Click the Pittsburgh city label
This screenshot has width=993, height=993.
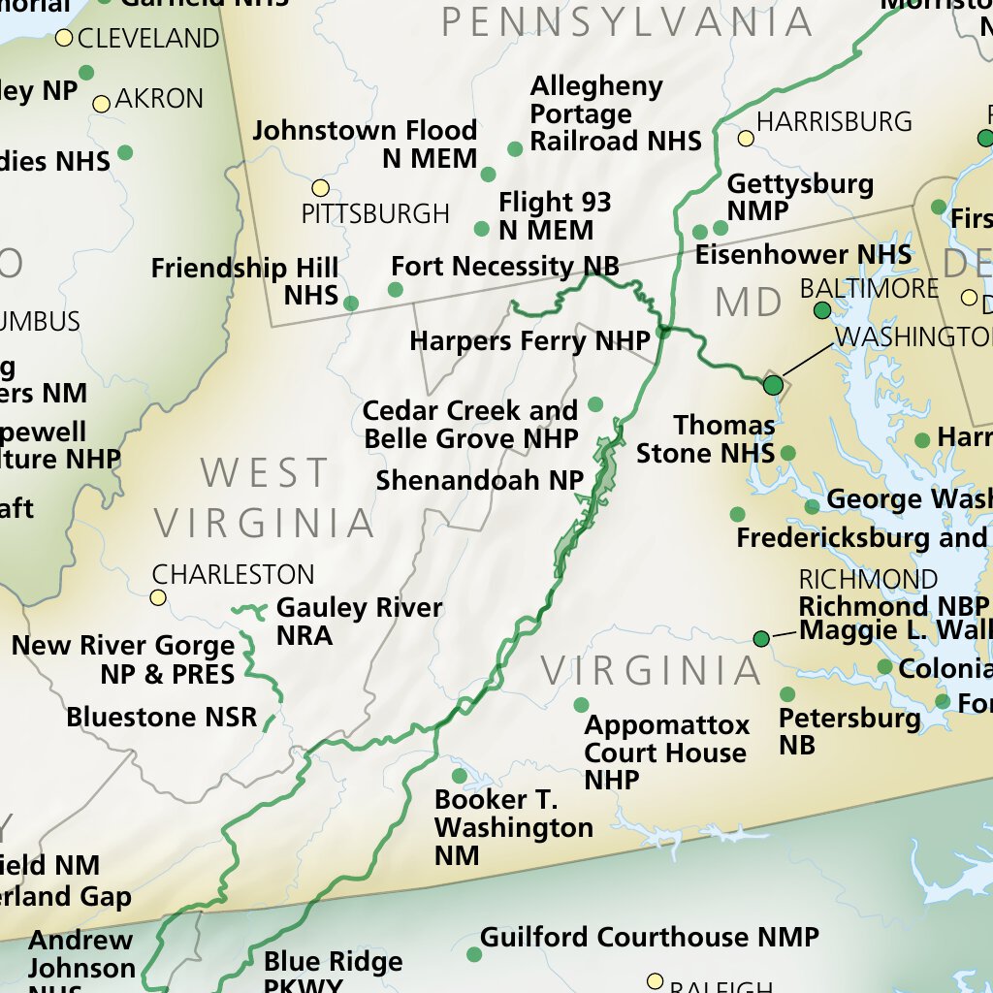click(375, 213)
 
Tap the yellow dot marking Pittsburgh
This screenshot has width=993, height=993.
click(320, 188)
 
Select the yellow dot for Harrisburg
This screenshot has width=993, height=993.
click(746, 139)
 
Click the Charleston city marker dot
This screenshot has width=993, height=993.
click(158, 597)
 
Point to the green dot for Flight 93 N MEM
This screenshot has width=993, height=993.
click(482, 229)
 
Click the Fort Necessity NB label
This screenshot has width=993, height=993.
click(504, 266)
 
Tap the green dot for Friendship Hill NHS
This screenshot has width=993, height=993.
click(351, 304)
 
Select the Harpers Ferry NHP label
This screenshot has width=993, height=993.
click(529, 341)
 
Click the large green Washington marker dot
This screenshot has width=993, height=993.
click(773, 385)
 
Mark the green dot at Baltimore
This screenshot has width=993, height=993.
click(822, 310)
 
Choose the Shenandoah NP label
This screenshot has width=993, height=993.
click(480, 480)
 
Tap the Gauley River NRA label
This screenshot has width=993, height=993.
click(359, 622)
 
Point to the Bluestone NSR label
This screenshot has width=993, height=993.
click(162, 718)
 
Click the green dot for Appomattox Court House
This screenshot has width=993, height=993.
click(582, 705)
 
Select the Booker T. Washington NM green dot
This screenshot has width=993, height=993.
click(460, 776)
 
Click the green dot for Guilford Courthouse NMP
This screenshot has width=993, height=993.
click(474, 954)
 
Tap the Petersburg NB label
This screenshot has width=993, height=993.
click(849, 731)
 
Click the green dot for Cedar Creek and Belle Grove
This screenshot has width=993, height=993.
click(595, 404)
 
